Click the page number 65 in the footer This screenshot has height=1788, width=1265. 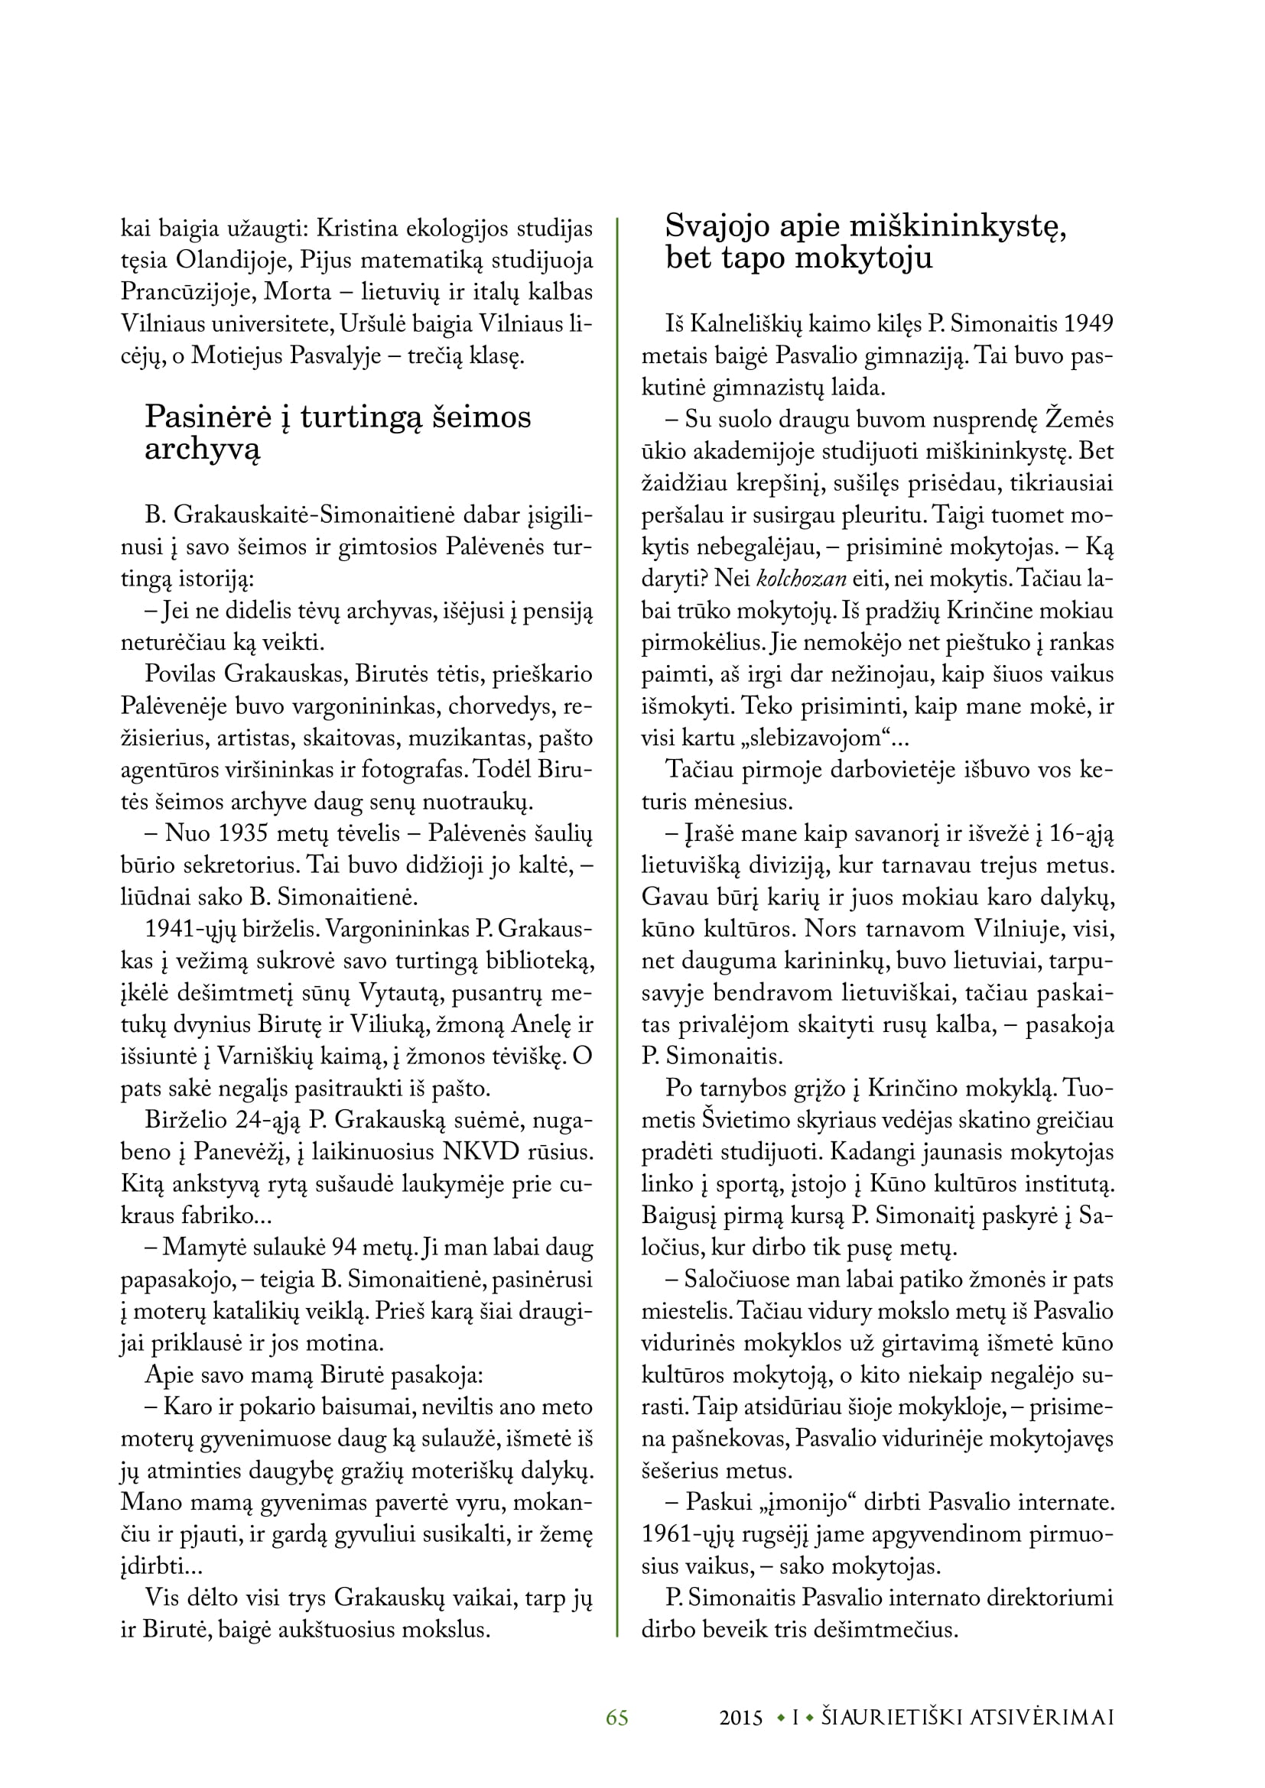coord(617,1717)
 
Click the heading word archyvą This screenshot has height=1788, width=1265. coord(203,450)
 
